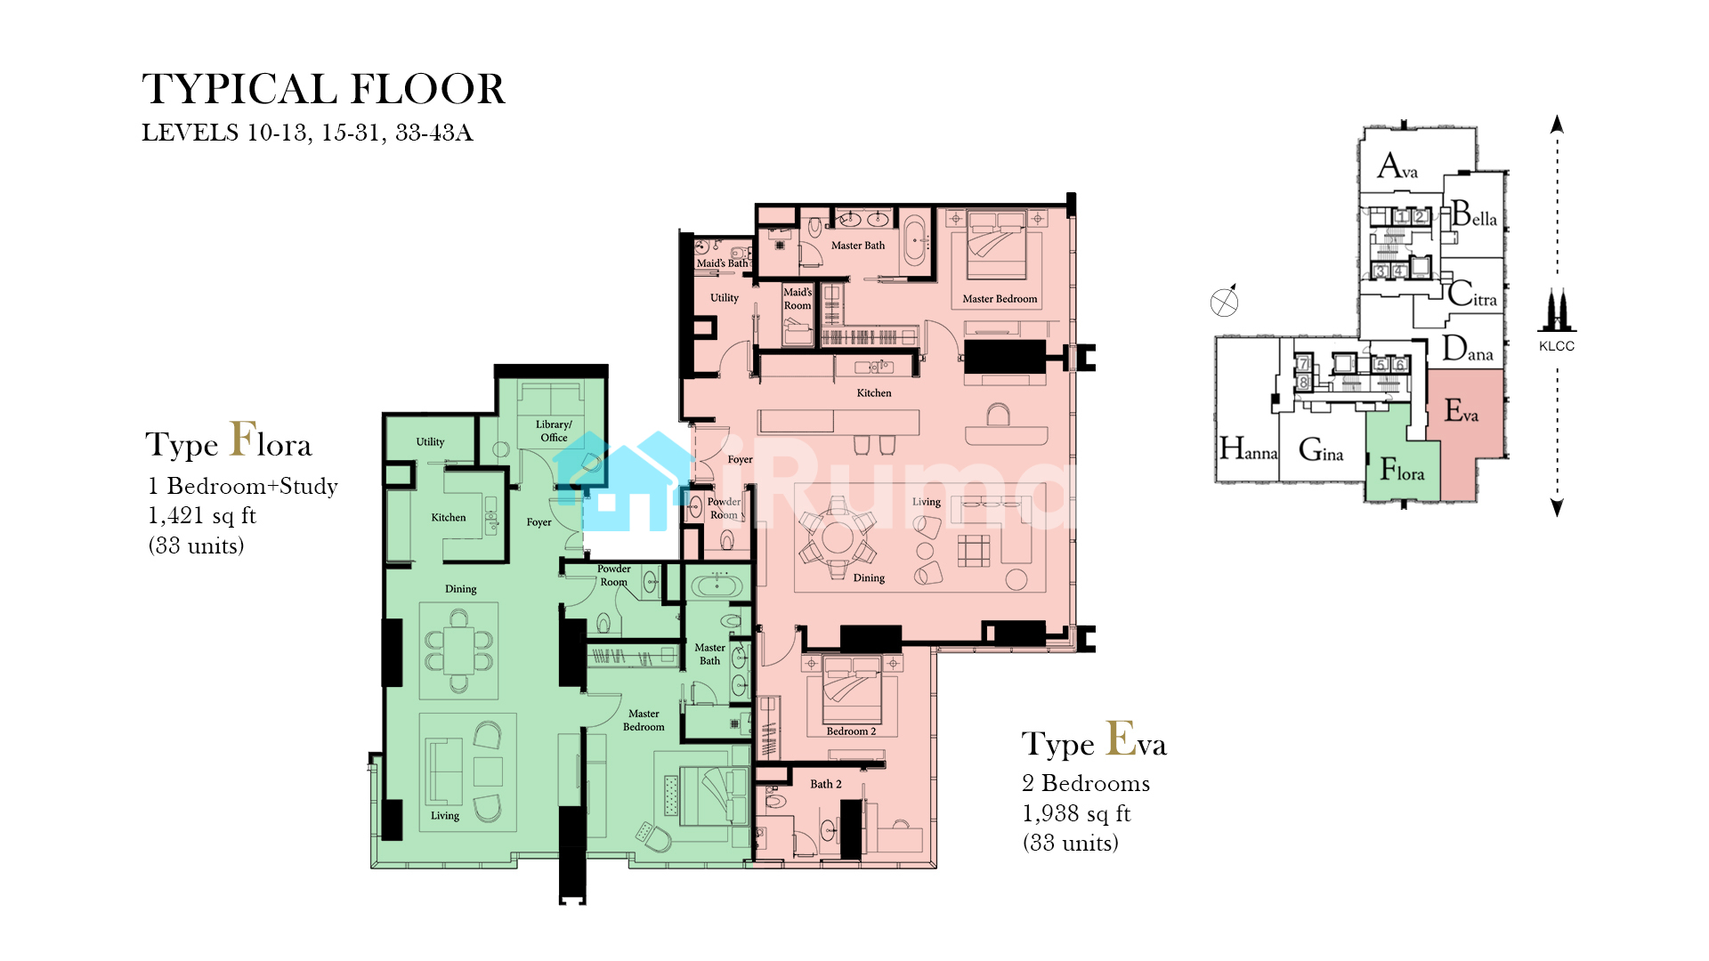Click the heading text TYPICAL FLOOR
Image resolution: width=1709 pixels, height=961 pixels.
323,89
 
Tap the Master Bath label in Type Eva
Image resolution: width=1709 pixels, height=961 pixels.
858,246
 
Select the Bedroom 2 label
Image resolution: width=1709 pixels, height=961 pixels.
851,731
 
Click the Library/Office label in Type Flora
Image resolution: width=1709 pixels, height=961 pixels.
554,431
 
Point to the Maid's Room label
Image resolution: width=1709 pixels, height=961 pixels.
798,299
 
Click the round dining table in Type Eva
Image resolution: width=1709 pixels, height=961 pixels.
838,537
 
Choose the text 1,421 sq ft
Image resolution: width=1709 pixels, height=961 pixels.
202,515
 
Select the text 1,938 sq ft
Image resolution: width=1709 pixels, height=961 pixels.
1076,813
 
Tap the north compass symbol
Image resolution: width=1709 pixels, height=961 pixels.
1225,302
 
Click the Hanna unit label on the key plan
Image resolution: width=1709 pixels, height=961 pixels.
1248,448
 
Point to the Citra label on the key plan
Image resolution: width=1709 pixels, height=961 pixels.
1472,294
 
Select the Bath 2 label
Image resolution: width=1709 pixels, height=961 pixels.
825,784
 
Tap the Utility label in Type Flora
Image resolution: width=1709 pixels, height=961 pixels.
430,442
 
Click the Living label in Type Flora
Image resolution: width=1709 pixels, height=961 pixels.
445,816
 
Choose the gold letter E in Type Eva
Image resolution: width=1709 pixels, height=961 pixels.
1121,738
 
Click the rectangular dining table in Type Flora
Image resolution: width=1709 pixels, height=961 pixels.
459,650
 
